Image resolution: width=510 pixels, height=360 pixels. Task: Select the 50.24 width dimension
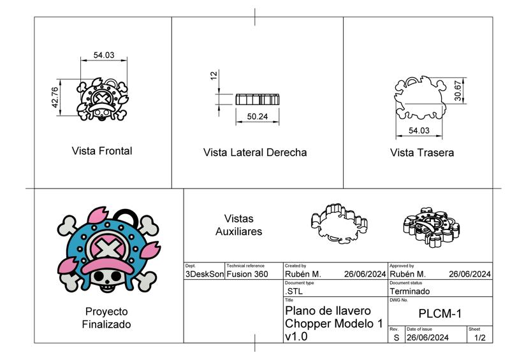click(257, 117)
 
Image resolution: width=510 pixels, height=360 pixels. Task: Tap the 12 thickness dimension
click(214, 75)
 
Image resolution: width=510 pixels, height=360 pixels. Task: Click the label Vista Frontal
click(102, 151)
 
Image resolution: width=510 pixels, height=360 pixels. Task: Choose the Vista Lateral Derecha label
click(255, 153)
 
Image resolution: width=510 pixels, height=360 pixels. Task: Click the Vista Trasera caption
click(422, 153)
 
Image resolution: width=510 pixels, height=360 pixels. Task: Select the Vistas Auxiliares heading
click(238, 225)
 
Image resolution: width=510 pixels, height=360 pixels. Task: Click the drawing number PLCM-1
click(440, 313)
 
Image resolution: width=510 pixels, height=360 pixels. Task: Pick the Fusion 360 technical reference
click(245, 275)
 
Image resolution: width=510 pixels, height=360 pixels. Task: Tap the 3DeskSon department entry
click(204, 275)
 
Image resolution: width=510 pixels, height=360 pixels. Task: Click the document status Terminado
click(409, 291)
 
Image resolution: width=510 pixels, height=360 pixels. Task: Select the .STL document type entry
click(294, 291)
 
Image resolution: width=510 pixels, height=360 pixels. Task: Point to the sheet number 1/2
click(479, 338)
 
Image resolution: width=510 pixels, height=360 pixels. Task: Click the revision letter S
click(396, 338)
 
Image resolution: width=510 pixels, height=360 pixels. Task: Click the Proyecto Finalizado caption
click(106, 318)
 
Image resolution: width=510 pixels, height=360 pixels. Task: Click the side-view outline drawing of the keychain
click(258, 99)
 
